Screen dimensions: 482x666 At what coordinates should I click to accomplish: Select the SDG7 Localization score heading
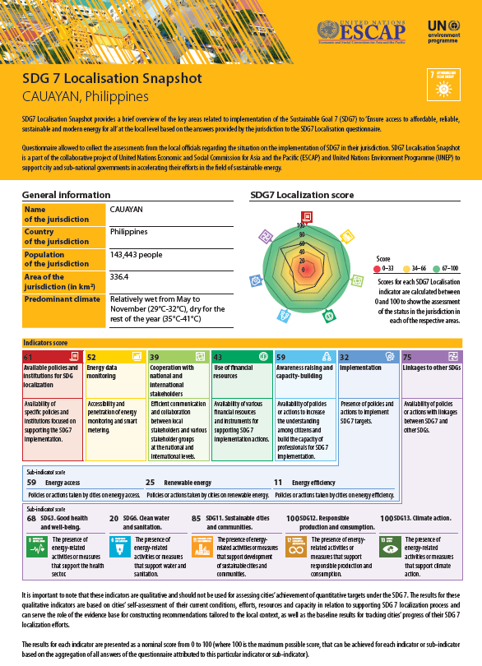[x=302, y=195]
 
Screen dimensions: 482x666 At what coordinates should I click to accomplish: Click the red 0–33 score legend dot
[x=378, y=268]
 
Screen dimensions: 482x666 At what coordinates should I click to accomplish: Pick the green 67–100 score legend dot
[x=438, y=268]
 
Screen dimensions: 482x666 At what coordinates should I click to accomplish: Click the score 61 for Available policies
[x=28, y=357]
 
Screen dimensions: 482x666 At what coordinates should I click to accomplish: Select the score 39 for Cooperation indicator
[x=155, y=357]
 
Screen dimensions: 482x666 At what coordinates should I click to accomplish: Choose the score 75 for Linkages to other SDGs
[x=408, y=357]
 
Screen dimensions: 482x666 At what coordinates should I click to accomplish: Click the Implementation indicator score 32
[x=345, y=357]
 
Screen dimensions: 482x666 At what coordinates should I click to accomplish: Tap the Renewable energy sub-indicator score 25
[x=151, y=482]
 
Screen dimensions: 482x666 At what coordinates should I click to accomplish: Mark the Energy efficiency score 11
[x=278, y=482]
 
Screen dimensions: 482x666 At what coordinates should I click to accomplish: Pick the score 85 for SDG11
[x=196, y=519]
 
